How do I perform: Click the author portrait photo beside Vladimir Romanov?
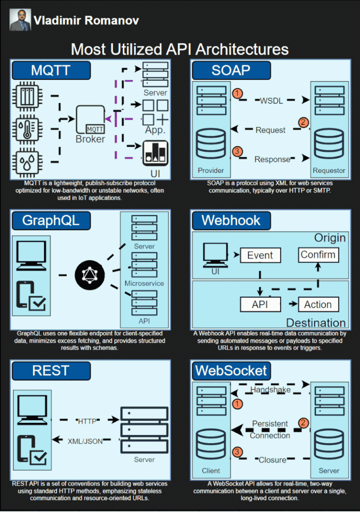point(20,20)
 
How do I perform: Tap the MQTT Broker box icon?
point(90,120)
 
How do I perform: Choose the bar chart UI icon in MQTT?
point(155,153)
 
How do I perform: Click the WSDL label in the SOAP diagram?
point(271,100)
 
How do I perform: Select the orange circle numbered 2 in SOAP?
point(303,123)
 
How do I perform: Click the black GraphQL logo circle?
point(89,274)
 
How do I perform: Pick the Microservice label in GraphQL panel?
point(144,283)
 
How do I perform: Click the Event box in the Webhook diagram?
point(260,256)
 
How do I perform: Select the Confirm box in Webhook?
point(318,255)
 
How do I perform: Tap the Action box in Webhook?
point(317,304)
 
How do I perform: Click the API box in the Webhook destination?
point(260,304)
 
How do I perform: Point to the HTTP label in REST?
point(87,421)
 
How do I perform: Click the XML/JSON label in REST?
point(85,441)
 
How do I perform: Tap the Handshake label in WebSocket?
point(270,390)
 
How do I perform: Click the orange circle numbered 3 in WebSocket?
point(238,452)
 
